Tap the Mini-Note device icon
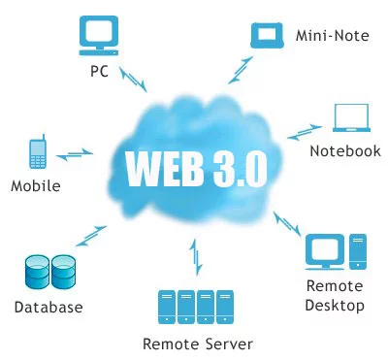[266, 35]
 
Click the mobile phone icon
[38, 151]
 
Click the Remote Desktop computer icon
[335, 250]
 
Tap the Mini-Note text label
[330, 37]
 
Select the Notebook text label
[345, 150]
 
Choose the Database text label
[48, 308]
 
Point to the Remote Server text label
[198, 344]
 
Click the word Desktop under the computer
[335, 306]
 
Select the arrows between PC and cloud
[135, 81]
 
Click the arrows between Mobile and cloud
[74, 153]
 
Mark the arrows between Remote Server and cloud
[198, 258]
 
